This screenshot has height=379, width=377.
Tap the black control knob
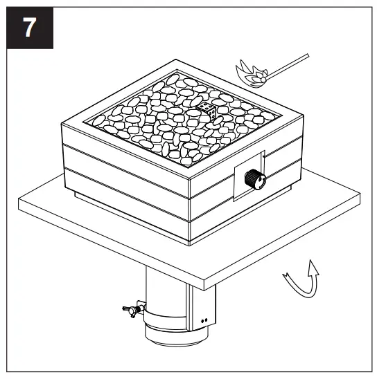[x=256, y=180]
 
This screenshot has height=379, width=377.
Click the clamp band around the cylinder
[x=166, y=320]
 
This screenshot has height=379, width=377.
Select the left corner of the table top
[x=19, y=201]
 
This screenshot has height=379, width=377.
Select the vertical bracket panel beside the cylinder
[x=201, y=304]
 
